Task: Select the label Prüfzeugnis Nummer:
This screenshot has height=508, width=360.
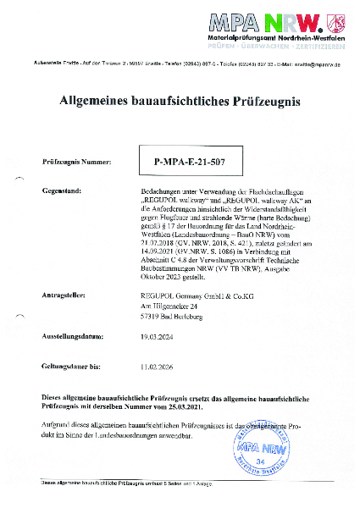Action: pos(75,159)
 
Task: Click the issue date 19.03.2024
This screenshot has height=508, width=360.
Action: pos(159,336)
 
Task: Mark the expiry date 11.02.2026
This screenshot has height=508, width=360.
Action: pos(159,367)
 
